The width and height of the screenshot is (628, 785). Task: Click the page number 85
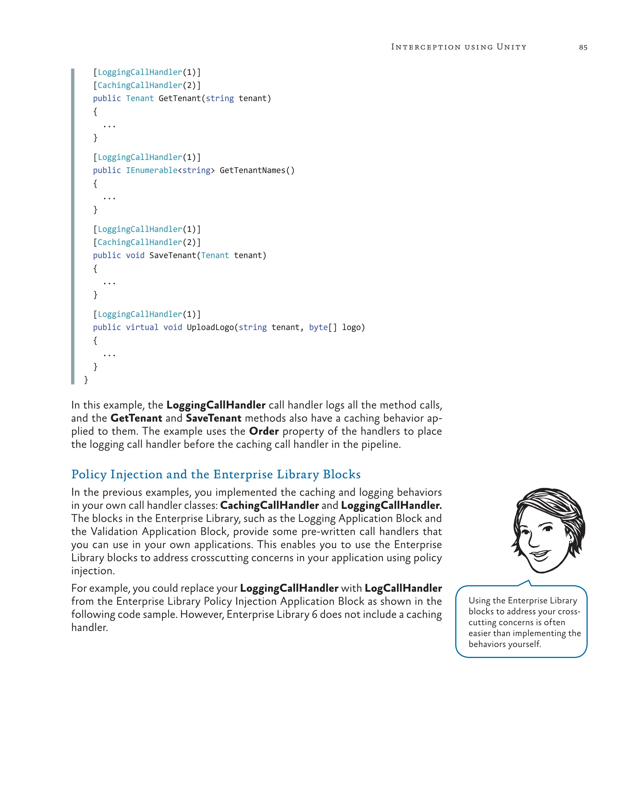click(x=583, y=47)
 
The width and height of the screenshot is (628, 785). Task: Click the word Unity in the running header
click(x=511, y=47)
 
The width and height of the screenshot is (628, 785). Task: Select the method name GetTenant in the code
click(x=179, y=98)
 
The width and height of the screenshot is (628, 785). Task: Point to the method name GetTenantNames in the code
click(x=252, y=170)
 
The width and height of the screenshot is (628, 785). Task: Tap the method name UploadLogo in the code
click(x=210, y=327)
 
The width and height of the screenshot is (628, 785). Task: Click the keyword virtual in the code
click(x=142, y=327)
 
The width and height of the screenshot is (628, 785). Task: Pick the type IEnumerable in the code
click(x=151, y=170)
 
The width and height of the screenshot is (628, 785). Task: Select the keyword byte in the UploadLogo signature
click(x=318, y=327)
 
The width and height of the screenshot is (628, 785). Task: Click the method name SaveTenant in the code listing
click(x=173, y=255)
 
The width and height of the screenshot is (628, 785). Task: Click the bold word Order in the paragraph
click(x=264, y=431)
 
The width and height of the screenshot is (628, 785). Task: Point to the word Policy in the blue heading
click(x=89, y=474)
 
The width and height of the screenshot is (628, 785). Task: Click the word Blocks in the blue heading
click(x=342, y=474)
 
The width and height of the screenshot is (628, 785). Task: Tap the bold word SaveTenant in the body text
click(x=213, y=418)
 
